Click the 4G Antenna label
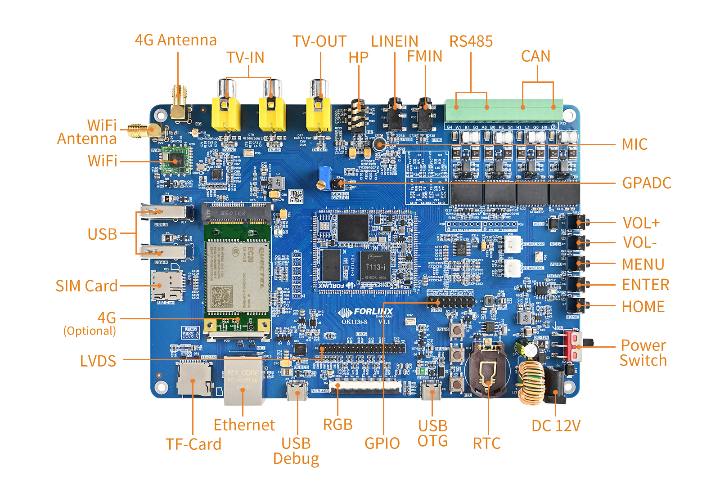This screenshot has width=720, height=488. point(176,40)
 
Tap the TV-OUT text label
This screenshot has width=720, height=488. point(319,41)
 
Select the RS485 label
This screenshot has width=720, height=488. point(471,41)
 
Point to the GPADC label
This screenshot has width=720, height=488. point(647,183)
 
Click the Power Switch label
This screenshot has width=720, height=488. point(643,353)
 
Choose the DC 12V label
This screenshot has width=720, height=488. point(556,425)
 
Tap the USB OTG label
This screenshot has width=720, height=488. point(432,433)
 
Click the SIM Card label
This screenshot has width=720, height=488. point(86,286)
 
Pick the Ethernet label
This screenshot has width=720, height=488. point(244,425)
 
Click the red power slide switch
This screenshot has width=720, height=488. point(576,345)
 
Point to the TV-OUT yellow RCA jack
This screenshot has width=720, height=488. point(319,112)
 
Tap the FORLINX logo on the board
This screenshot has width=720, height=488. point(366,312)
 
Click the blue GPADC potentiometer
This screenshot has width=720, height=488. point(323,173)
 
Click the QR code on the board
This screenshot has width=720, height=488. point(296,196)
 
